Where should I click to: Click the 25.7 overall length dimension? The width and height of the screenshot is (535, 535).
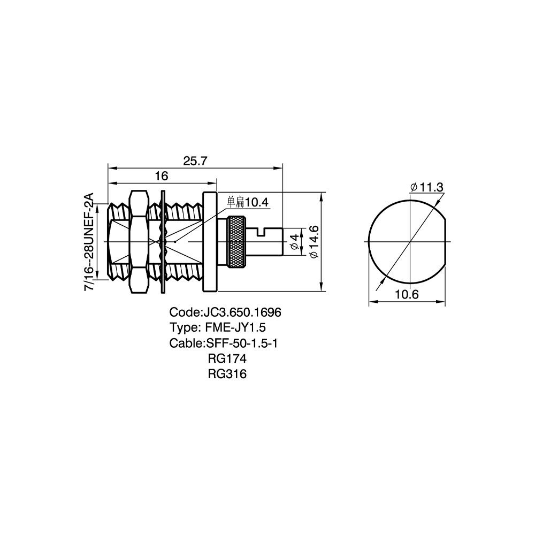click(195, 160)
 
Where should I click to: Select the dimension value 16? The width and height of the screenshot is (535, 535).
click(162, 175)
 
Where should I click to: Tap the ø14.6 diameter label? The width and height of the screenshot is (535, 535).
click(314, 242)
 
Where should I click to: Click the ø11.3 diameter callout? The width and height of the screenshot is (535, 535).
click(427, 187)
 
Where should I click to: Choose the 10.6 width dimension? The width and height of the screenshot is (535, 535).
click(407, 294)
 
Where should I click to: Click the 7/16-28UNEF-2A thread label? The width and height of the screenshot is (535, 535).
click(89, 242)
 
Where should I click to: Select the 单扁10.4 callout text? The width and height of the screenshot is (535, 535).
click(248, 202)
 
